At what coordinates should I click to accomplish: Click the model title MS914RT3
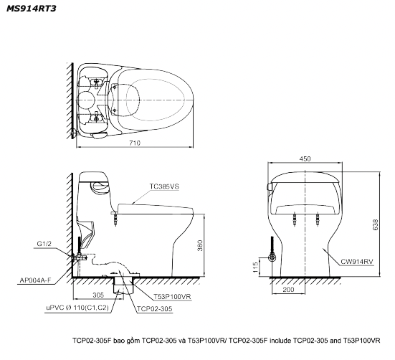tap(32, 9)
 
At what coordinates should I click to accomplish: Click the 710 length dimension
tap(135, 143)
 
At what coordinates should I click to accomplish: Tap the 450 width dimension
tap(305, 158)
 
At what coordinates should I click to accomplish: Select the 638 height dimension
tap(376, 224)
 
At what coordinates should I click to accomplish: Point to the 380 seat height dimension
tap(200, 245)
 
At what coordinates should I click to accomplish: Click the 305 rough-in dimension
tap(98, 295)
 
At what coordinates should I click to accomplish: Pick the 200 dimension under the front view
tap(288, 290)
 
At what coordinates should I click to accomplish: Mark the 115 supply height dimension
tap(255, 267)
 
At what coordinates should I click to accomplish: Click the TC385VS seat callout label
tap(164, 186)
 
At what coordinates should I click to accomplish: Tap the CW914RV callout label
tap(357, 262)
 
